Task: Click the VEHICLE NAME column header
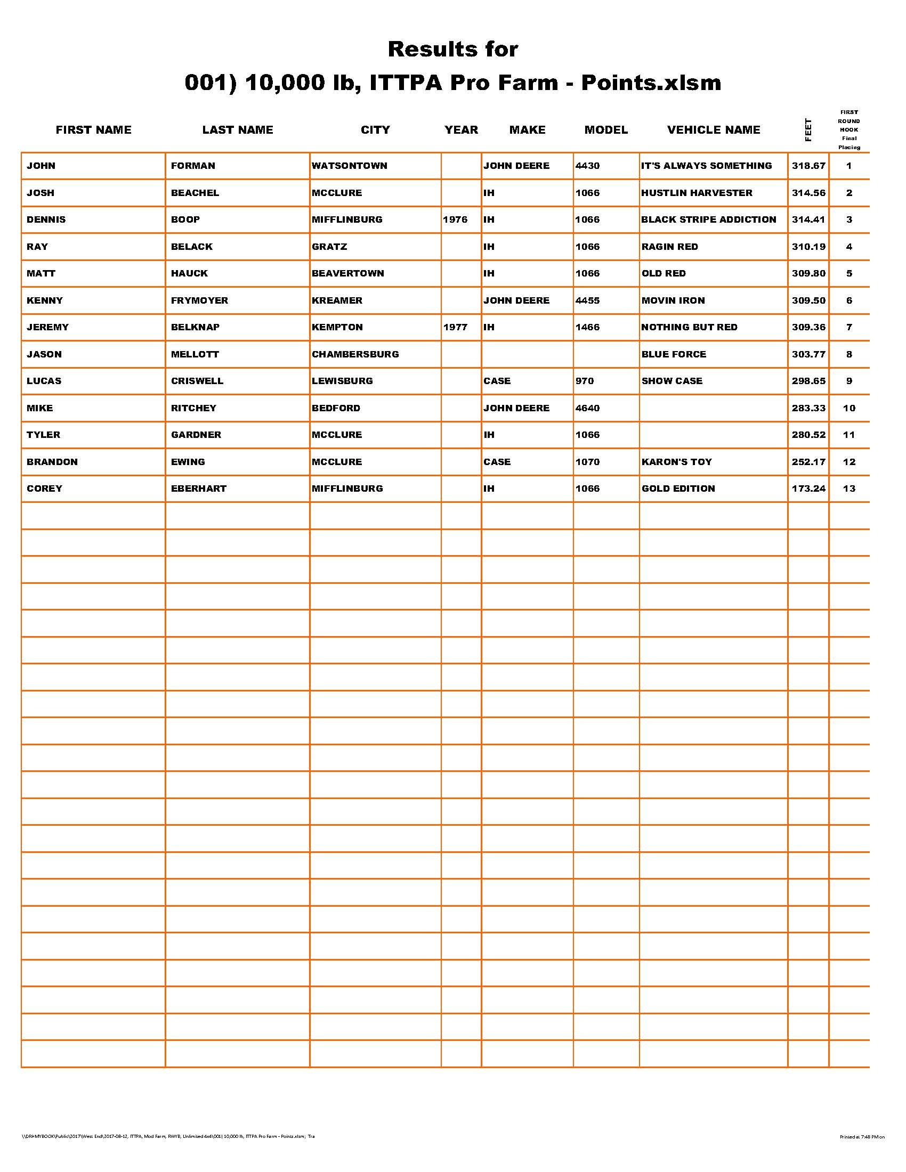pos(713,130)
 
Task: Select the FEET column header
pos(808,130)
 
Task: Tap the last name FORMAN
pos(193,166)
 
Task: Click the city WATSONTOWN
pos(350,166)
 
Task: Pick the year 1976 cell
pos(455,219)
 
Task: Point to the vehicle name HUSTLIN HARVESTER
pos(697,193)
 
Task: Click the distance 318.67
pos(808,166)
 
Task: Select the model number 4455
pos(587,300)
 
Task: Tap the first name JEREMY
pos(48,327)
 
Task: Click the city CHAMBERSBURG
pos(355,354)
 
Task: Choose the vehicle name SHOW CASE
pos(672,381)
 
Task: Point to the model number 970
pos(585,381)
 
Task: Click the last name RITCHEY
pos(194,408)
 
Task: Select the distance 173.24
pos(808,489)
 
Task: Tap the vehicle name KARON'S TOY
pos(676,461)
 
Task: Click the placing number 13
pos(848,489)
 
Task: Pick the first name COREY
pos(45,489)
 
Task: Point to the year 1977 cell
pos(455,327)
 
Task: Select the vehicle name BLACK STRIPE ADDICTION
pos(708,219)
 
